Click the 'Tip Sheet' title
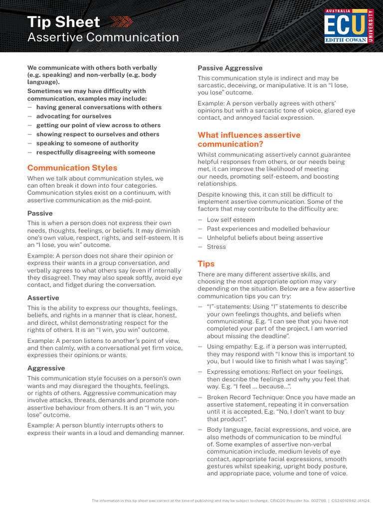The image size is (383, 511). click(63, 22)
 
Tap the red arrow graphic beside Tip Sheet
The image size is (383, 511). click(121, 21)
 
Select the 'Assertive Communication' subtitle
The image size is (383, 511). click(103, 37)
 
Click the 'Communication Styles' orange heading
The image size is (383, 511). click(72, 168)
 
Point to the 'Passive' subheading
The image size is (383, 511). click(40, 213)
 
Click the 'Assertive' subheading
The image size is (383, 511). click(43, 298)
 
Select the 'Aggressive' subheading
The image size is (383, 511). click(46, 368)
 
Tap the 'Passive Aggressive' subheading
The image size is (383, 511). click(230, 68)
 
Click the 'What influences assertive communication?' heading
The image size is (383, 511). click(249, 140)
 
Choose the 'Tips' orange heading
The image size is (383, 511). click(206, 263)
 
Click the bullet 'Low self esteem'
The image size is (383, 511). click(230, 220)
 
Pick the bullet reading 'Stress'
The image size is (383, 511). click(216, 247)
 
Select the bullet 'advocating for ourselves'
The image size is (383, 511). click(74, 116)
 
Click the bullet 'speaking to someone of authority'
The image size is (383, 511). click(87, 143)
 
